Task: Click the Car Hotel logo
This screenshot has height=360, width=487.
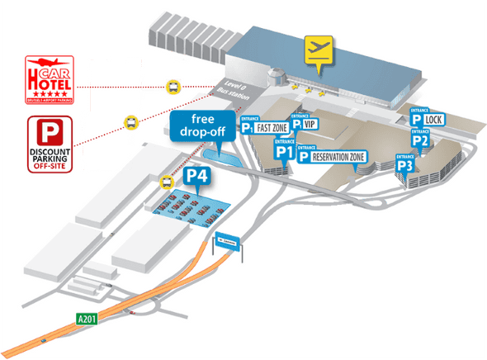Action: (50, 79)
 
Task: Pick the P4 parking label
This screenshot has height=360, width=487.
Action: (196, 176)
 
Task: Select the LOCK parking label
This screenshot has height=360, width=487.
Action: (429, 121)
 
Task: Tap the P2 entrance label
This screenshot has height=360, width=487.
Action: (419, 139)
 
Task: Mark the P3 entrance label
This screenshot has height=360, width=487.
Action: (404, 164)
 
